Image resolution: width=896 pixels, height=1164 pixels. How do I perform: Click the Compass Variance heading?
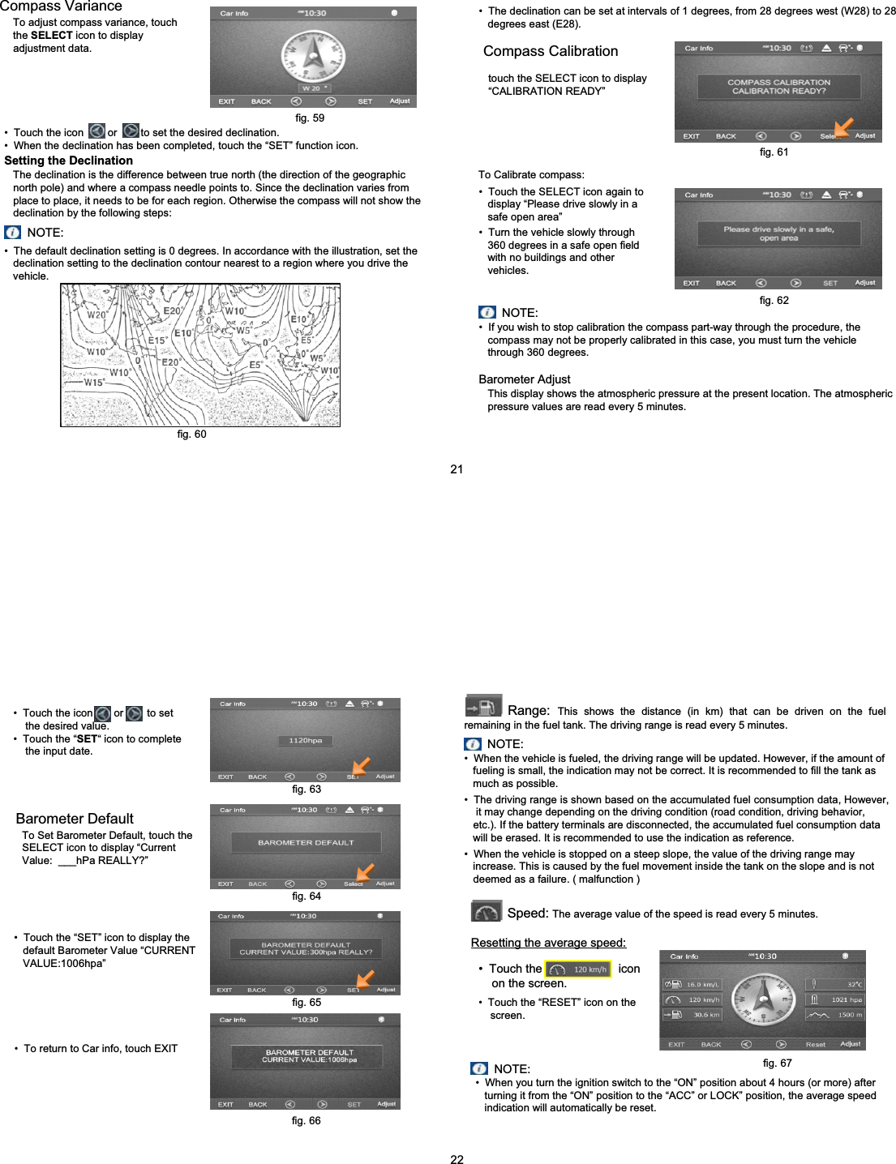[61, 6]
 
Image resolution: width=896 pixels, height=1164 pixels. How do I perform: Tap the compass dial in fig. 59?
[313, 55]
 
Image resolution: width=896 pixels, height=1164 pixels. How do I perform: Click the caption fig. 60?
[191, 434]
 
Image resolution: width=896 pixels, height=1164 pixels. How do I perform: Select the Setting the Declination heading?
[69, 160]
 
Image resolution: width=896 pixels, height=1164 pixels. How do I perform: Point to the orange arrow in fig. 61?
[843, 127]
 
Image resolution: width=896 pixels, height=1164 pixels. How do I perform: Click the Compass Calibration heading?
[551, 51]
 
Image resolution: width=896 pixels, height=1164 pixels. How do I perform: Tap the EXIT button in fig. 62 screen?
[691, 283]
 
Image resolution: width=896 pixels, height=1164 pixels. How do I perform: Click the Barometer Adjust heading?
[525, 379]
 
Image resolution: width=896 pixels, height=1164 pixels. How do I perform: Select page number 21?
[457, 469]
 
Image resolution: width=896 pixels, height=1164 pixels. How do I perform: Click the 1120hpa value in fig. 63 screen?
[306, 740]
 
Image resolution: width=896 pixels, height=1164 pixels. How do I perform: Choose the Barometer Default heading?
[75, 819]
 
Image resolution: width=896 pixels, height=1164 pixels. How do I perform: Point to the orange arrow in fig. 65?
[364, 978]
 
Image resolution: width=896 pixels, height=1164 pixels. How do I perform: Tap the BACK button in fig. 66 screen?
[258, 1104]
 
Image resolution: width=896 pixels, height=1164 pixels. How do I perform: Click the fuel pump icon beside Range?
[483, 706]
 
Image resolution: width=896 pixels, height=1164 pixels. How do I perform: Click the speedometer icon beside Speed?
[487, 912]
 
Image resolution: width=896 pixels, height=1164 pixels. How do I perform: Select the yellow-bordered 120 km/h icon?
[578, 969]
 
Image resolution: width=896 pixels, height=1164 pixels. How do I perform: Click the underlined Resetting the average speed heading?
[548, 943]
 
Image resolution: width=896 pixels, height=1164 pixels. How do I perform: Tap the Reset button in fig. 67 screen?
[815, 1044]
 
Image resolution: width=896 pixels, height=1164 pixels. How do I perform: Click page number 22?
[457, 1159]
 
